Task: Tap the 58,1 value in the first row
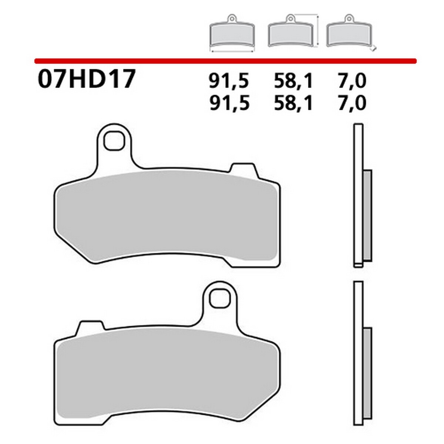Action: pos(293,81)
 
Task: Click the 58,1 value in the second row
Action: pos(293,103)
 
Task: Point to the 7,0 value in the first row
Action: pos(352,81)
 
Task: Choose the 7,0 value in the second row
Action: pos(352,103)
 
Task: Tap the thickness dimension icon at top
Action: pos(350,33)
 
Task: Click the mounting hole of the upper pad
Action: pos(113,141)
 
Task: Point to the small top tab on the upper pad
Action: pos(242,168)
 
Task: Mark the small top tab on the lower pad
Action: pos(90,326)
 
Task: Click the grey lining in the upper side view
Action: pos(367,215)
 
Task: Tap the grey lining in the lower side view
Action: pos(367,372)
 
